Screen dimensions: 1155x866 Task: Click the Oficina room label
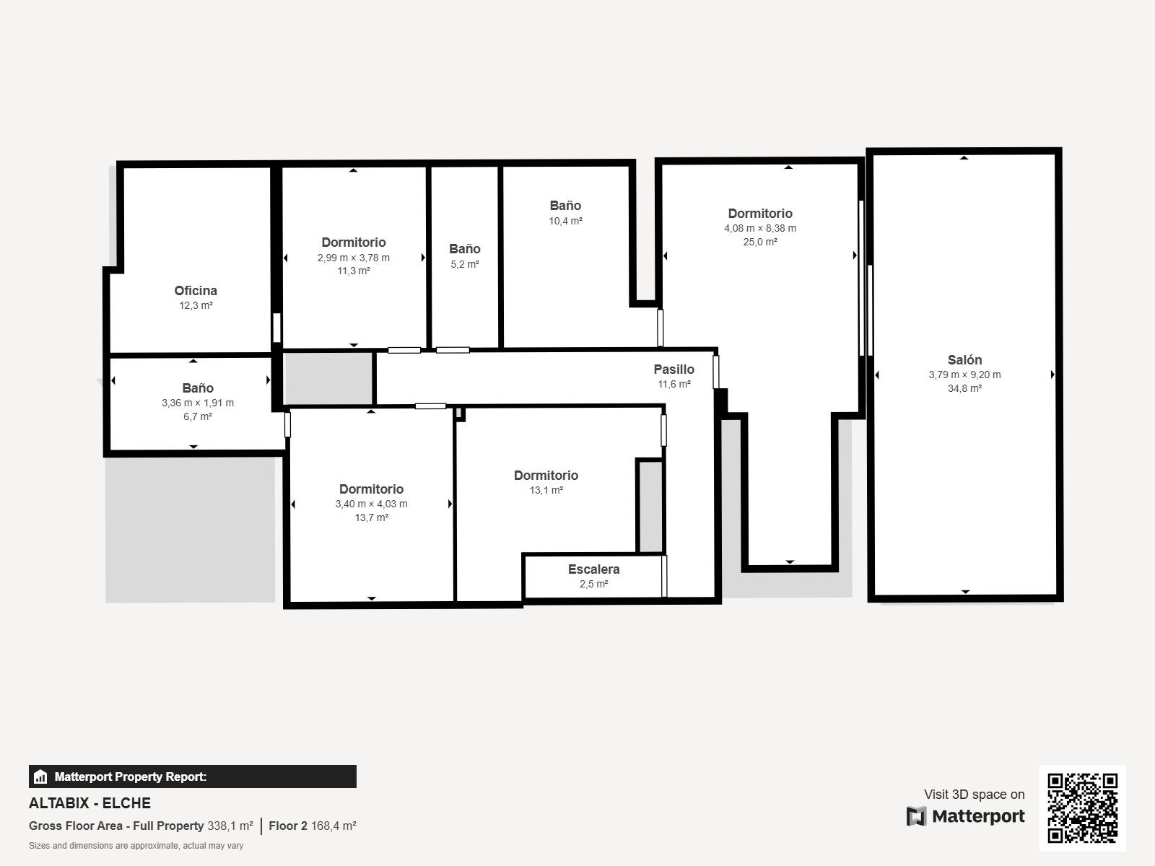(196, 290)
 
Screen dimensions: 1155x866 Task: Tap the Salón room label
(964, 359)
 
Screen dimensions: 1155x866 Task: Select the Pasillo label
(674, 369)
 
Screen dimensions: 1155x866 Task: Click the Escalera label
(593, 569)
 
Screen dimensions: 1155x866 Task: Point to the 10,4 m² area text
(565, 221)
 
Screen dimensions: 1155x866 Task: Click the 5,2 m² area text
(465, 264)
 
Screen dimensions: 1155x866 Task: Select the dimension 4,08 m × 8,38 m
(760, 228)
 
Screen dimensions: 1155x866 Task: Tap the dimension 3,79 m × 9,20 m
(964, 375)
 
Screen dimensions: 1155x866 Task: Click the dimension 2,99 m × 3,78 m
(353, 258)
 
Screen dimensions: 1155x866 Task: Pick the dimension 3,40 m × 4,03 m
(371, 504)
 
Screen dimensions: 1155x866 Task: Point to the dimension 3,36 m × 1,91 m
(197, 403)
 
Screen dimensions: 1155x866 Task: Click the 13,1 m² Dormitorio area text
(546, 490)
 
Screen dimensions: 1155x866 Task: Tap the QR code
(1082, 808)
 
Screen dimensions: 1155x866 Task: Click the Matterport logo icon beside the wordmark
(916, 816)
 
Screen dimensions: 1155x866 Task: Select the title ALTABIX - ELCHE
(90, 803)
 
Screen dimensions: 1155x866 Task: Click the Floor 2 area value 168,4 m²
(334, 826)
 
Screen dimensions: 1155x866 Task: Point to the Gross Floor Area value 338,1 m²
(230, 826)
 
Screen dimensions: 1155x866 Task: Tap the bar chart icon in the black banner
(40, 777)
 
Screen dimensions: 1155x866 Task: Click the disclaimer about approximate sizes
(136, 846)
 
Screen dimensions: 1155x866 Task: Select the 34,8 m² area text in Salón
(964, 388)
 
